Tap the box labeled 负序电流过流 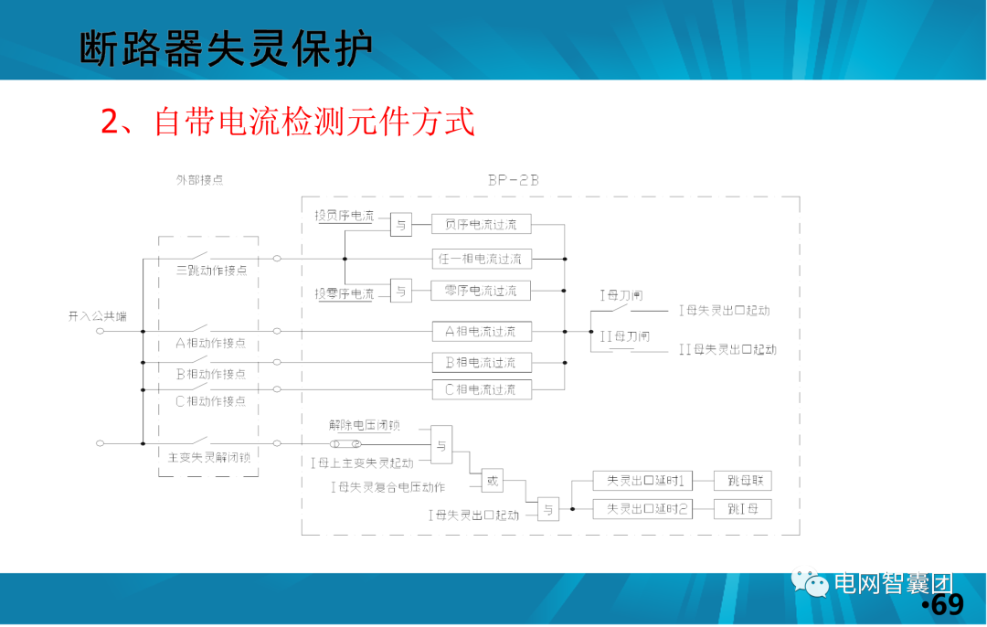click(481, 224)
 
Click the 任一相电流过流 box click(481, 259)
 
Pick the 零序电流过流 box click(481, 291)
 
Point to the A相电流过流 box click(481, 331)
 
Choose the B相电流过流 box click(481, 362)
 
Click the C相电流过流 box click(481, 389)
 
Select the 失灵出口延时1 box click(645, 481)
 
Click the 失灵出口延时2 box click(645, 508)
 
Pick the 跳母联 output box click(742, 481)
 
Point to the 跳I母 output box click(742, 508)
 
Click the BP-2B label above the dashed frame click(513, 180)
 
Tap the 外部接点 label click(199, 180)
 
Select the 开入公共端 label click(97, 316)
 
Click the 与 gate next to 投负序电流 click(401, 224)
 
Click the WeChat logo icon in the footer click(811, 583)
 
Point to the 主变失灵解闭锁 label click(209, 457)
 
